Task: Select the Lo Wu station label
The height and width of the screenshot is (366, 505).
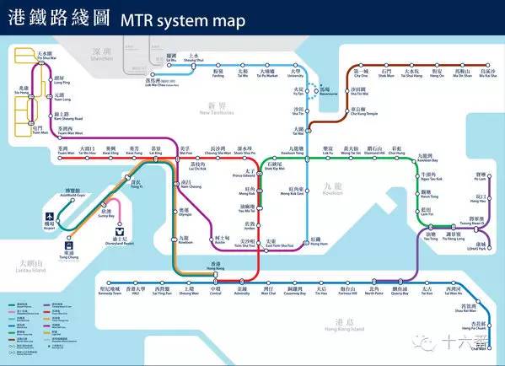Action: pos(172,57)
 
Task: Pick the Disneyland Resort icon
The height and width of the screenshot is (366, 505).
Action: pos(120,229)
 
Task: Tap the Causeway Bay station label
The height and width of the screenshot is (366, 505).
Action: pos(294,290)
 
